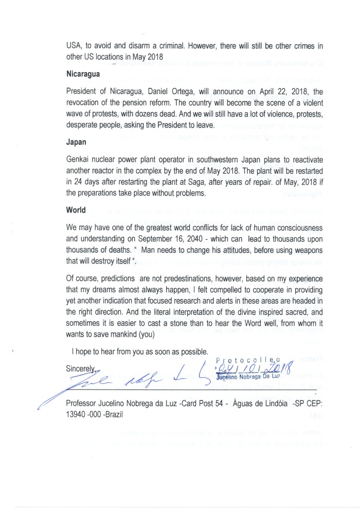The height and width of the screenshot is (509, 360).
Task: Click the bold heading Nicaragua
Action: coord(83,74)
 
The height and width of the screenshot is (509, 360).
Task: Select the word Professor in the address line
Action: coord(85,404)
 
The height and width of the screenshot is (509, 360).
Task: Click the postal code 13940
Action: coord(78,414)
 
